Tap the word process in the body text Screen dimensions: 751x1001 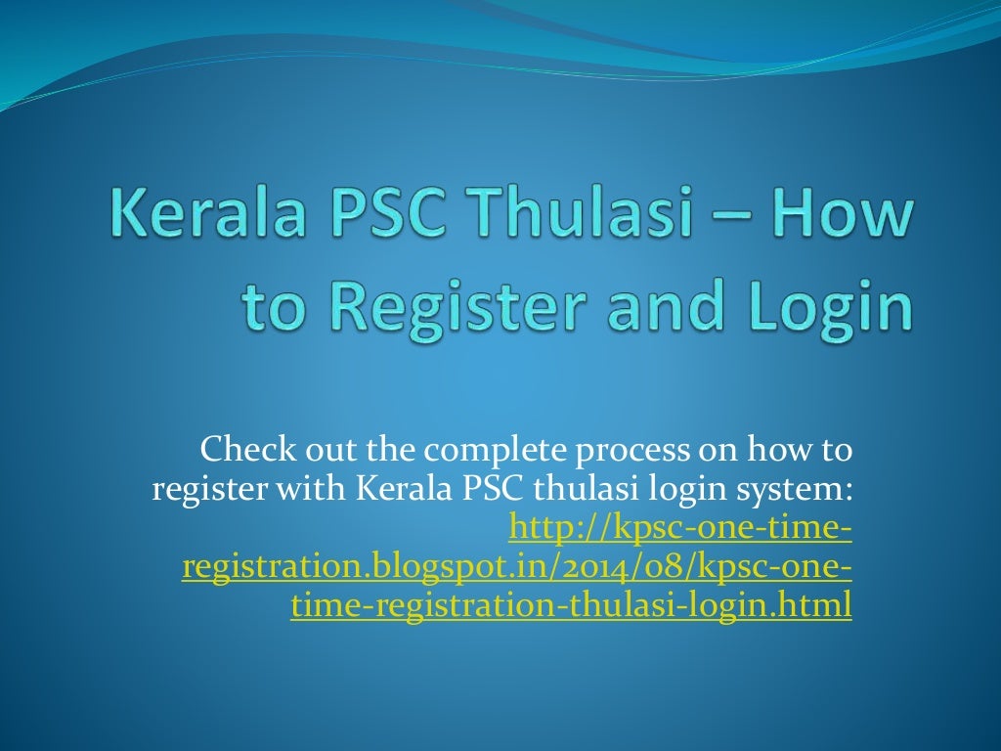tap(626, 453)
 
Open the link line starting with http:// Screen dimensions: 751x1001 tap(680, 529)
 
